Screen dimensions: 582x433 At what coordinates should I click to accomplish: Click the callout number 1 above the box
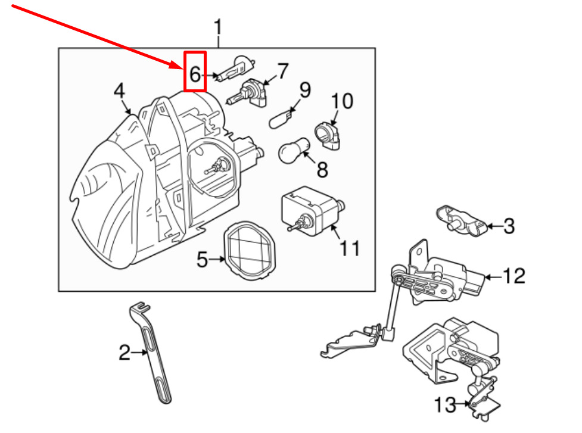tap(218, 27)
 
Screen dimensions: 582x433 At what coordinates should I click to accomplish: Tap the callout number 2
tap(125, 352)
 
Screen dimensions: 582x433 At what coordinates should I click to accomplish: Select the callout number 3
tap(509, 226)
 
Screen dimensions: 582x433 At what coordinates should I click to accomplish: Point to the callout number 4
tap(119, 91)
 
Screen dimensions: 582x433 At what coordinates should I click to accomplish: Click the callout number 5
tap(202, 259)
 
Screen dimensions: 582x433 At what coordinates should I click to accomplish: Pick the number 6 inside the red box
tap(195, 74)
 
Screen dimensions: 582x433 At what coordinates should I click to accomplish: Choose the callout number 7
tap(283, 71)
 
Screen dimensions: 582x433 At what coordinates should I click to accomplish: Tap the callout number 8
tap(322, 170)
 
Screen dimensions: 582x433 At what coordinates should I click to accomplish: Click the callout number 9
tap(305, 90)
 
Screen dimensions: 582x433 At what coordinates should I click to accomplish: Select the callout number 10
tap(342, 101)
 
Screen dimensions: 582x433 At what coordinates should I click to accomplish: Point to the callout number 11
tap(350, 248)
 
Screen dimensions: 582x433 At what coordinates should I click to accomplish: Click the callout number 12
tap(514, 276)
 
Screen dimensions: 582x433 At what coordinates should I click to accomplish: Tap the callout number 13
tap(445, 405)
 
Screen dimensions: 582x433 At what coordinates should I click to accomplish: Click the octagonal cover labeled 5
tap(250, 251)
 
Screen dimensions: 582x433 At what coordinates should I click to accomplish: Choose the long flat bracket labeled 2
tap(150, 353)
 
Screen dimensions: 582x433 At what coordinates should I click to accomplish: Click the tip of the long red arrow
tap(182, 68)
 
